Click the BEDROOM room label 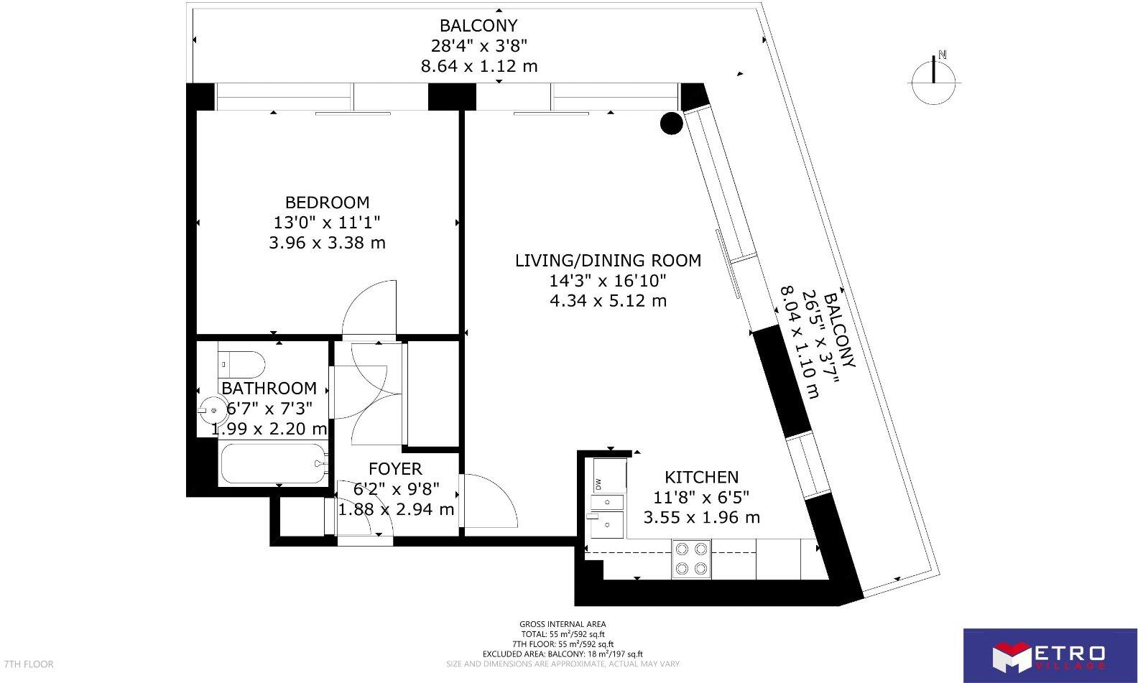click(327, 203)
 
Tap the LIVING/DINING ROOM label click(608, 261)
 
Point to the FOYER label click(395, 470)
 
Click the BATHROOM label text click(269, 389)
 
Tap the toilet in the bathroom click(241, 363)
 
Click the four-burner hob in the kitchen click(691, 559)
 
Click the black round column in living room click(671, 124)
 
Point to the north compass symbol click(933, 78)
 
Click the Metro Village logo click(1049, 655)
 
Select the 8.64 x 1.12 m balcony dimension click(478, 67)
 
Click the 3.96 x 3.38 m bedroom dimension click(327, 243)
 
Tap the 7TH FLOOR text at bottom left click(29, 664)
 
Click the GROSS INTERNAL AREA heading click(563, 624)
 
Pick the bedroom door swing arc click(369, 309)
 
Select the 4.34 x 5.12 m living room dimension click(608, 301)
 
